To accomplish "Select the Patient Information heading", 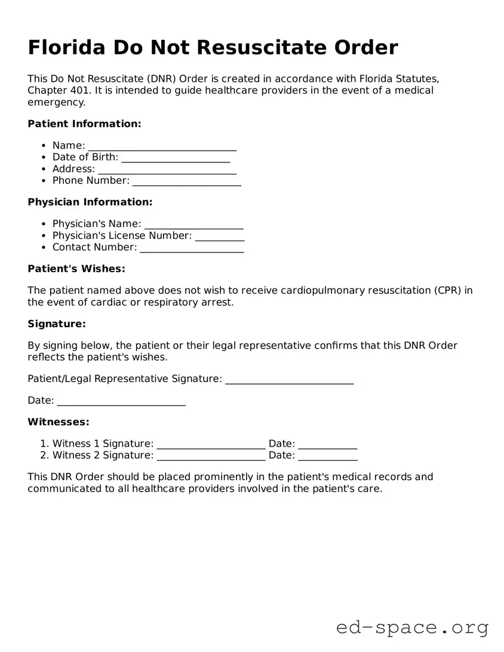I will pyautogui.click(x=84, y=124).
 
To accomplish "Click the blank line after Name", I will pyautogui.click(x=162, y=146).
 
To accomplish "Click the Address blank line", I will pyautogui.click(x=167, y=170).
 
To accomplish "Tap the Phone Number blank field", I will pyautogui.click(x=186, y=181).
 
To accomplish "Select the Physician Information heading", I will pyautogui.click(x=90, y=202).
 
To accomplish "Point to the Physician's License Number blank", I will pyautogui.click(x=220, y=236).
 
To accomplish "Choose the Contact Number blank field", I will pyautogui.click(x=192, y=248).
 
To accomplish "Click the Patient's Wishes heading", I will pyautogui.click(x=76, y=269).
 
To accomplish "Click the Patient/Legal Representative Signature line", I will pyautogui.click(x=290, y=380).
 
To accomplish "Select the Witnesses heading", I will pyautogui.click(x=59, y=422).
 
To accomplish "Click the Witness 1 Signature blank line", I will pyautogui.click(x=211, y=445).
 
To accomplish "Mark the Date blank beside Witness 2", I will pyautogui.click(x=327, y=456).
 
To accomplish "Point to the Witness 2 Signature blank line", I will pyautogui.click(x=211, y=456).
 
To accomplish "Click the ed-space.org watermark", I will pyautogui.click(x=412, y=628).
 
